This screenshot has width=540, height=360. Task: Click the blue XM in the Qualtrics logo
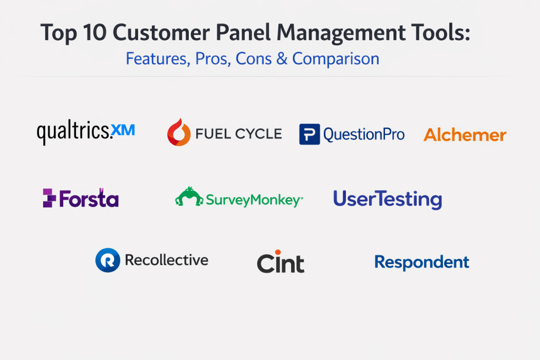point(123,130)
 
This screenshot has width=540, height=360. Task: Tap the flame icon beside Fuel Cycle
point(179,132)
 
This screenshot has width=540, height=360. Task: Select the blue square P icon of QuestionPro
point(310,134)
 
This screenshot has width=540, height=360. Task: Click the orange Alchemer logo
point(465,134)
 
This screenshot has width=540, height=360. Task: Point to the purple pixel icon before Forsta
point(49,198)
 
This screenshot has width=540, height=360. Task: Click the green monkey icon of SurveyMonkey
point(189,197)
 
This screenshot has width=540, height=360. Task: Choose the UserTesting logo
point(388,199)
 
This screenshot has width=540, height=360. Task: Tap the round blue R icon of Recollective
point(108,260)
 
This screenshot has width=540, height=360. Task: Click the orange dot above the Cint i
point(278,252)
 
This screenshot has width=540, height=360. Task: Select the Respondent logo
point(422,262)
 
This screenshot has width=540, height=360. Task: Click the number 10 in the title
point(93,33)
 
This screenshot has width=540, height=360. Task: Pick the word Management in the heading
point(341,33)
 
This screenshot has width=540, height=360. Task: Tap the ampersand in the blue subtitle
point(282,59)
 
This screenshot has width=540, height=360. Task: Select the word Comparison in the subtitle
point(336,59)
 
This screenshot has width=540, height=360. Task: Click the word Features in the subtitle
point(158,59)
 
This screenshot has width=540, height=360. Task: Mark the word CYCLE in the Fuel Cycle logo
point(258,134)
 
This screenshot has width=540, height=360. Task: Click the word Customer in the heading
point(161,33)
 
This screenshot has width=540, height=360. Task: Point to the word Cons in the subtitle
point(254,59)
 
